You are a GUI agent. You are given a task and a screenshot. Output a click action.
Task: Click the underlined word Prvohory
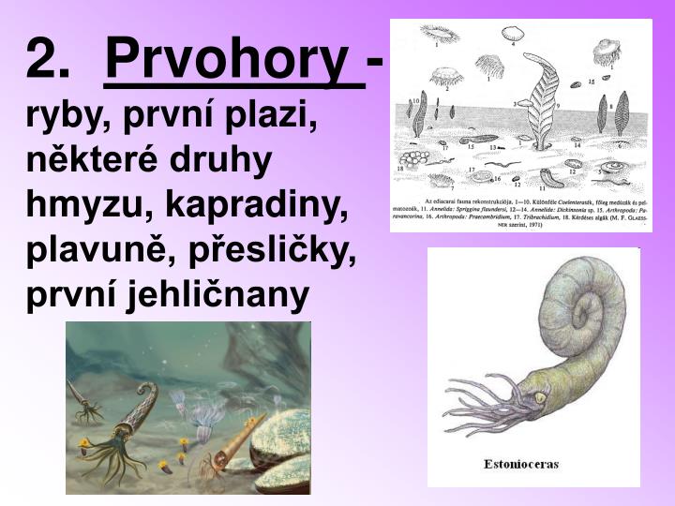233,61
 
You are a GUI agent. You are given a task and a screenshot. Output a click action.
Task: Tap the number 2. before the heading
49,61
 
